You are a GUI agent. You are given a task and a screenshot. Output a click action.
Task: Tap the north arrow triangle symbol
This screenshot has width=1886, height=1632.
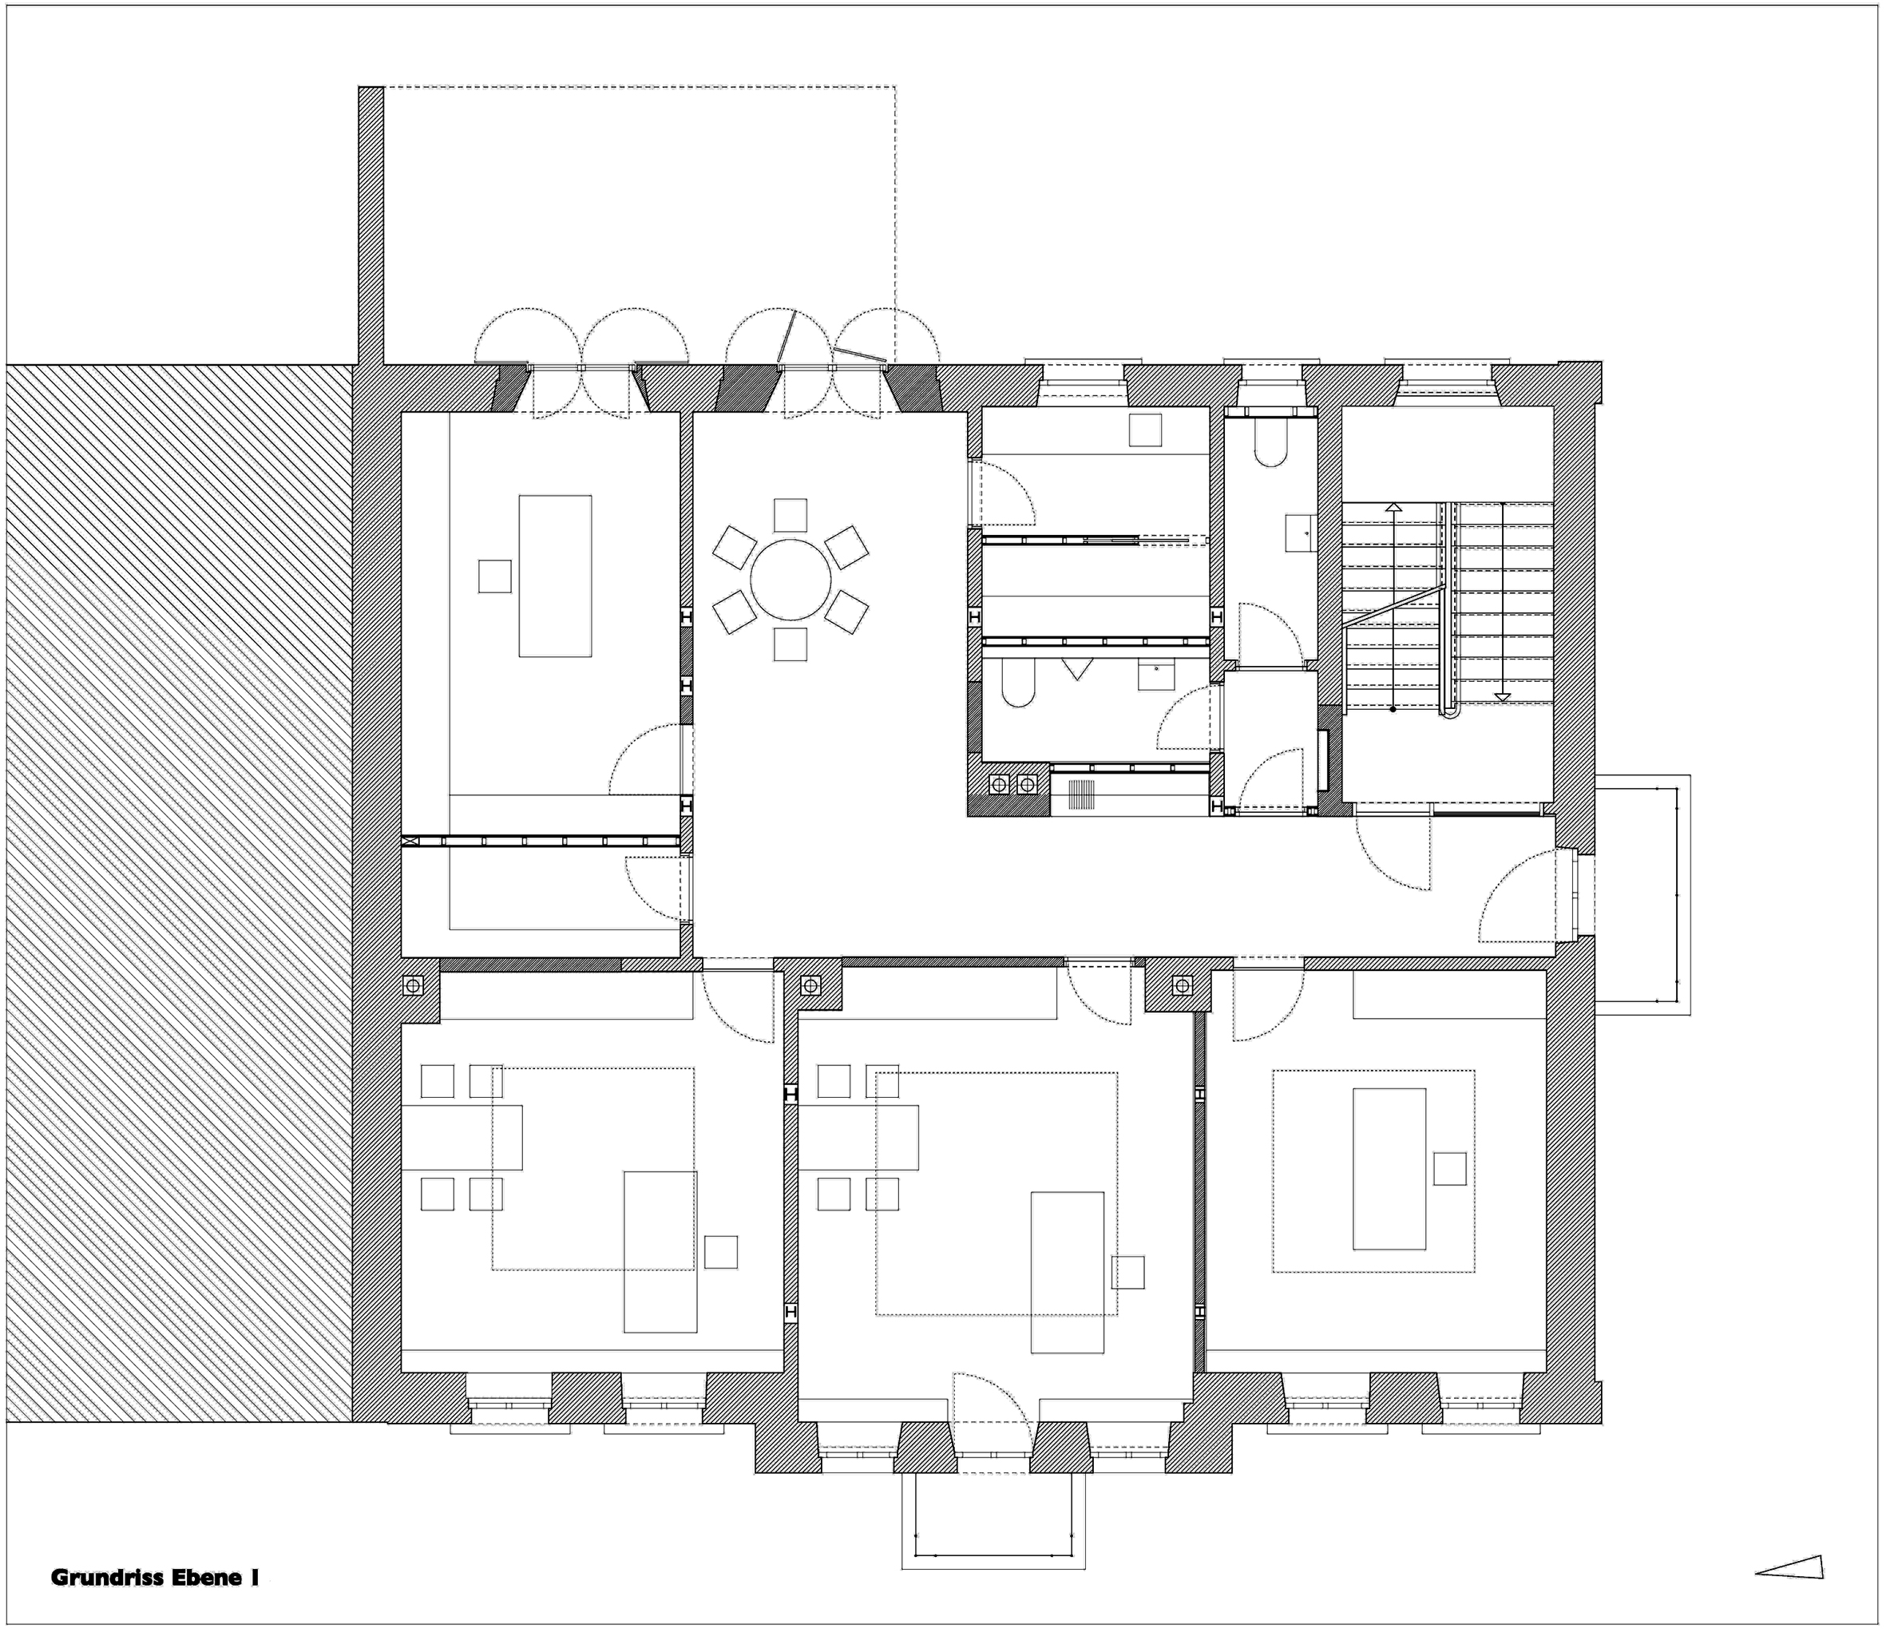[x=1789, y=1567]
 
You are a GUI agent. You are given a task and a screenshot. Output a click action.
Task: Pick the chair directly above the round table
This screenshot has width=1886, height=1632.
[x=790, y=516]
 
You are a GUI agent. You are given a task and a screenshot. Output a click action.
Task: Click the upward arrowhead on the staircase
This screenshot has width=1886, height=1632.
[x=1393, y=507]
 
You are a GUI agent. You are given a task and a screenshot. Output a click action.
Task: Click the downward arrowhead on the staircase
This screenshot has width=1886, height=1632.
[x=1502, y=698]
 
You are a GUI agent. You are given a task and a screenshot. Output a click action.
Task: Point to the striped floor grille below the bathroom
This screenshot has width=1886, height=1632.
[x=1081, y=794]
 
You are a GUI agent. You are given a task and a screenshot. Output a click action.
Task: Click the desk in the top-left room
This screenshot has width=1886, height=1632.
[x=555, y=576]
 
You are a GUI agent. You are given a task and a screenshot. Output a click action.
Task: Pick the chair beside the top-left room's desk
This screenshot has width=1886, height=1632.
[x=494, y=576]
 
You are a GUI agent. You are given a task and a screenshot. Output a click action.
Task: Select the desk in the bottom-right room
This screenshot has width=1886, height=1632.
[x=1389, y=1168]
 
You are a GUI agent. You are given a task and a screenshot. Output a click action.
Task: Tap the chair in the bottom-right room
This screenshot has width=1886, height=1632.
[x=1450, y=1168]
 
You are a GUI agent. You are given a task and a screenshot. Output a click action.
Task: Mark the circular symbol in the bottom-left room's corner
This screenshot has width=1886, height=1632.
[x=413, y=984]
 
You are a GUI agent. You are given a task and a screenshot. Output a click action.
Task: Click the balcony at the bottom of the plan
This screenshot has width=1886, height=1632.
[x=993, y=1520]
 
